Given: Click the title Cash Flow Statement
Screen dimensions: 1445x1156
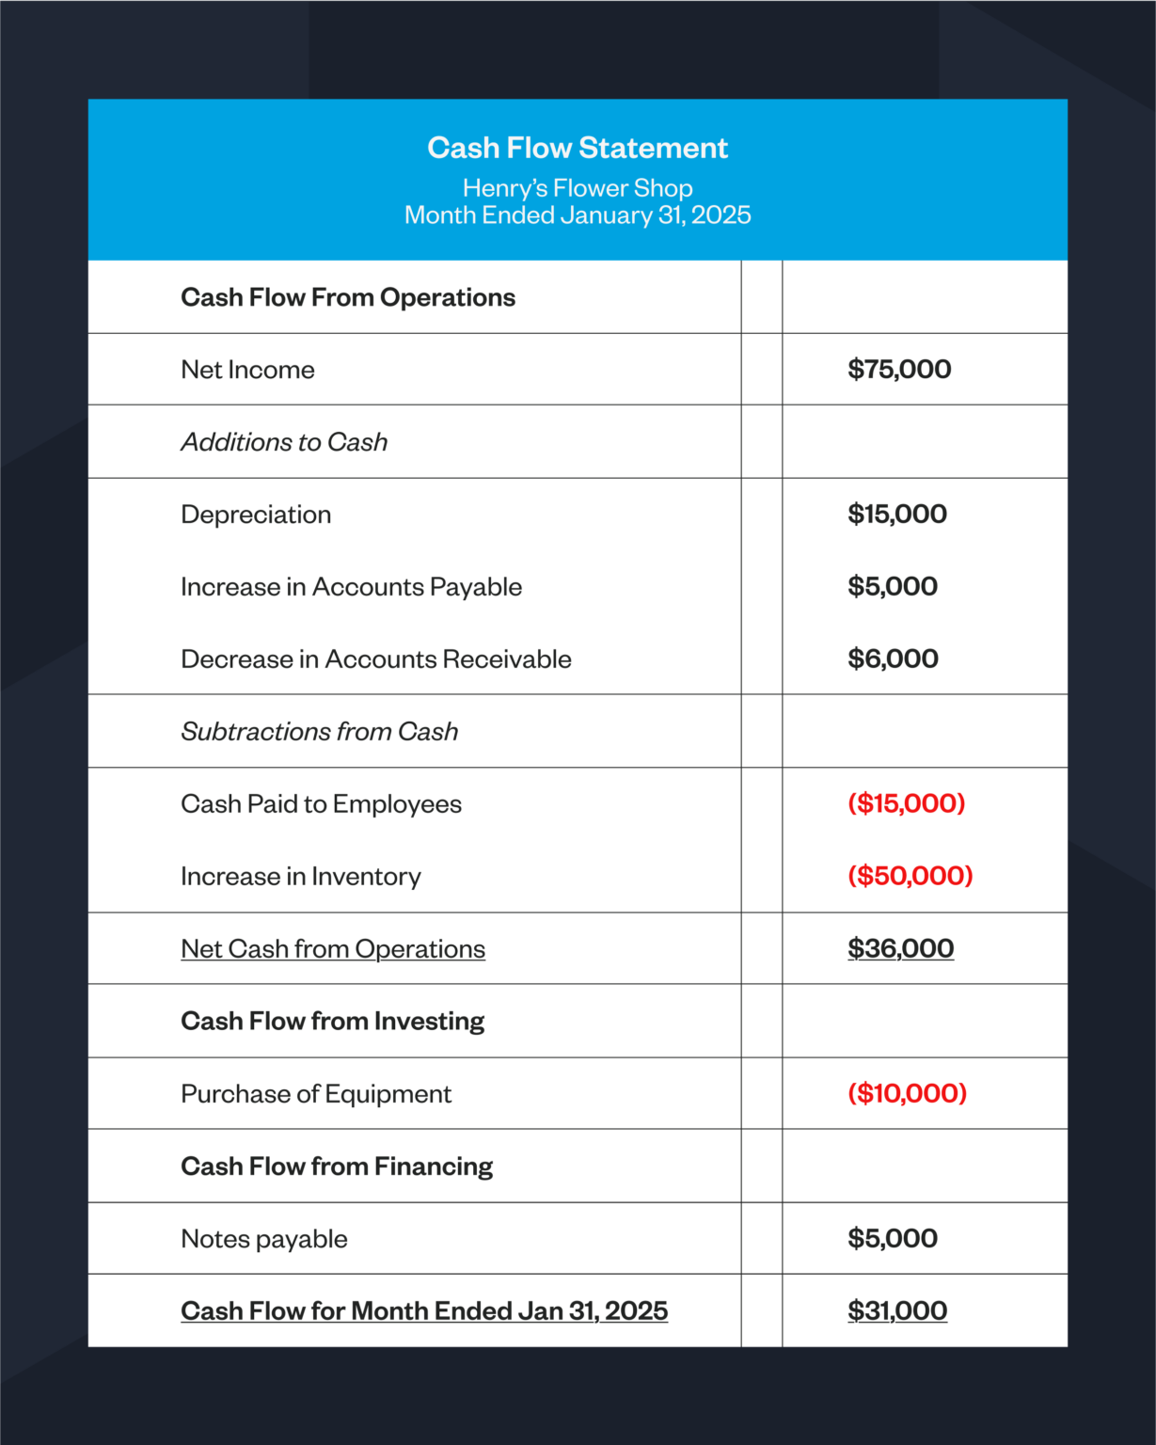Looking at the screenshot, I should point(578,148).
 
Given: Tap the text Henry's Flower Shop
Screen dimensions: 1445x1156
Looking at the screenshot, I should point(578,188).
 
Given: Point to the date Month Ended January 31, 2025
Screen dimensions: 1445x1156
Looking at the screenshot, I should point(578,215).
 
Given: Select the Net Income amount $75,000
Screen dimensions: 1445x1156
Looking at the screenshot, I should point(899,369).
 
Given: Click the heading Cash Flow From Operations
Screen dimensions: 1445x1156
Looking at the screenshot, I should point(348,297).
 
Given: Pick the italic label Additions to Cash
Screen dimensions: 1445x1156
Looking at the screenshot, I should point(284,442).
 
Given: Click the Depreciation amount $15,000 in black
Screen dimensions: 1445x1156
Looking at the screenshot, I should point(897,514).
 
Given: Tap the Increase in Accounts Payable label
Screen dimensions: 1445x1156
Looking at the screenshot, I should point(351,587).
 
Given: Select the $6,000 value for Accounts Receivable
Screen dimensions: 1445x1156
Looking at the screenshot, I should point(893,659).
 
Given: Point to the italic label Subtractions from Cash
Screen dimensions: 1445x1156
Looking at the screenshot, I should point(319,732).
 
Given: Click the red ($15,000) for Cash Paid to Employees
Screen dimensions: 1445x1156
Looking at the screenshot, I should point(906,803).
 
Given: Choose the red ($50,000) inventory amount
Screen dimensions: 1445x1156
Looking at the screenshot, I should point(910,876).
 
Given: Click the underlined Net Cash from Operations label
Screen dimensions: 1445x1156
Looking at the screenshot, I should point(333,949).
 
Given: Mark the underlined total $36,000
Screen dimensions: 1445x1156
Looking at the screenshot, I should point(900,948).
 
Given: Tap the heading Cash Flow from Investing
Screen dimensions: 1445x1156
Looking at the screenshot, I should point(332,1022).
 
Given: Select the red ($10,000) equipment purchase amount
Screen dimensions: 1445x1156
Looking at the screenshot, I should point(907,1093).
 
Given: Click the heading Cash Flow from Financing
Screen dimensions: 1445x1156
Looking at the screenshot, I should point(337,1167).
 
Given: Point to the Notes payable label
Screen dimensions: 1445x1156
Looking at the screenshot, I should point(264,1239).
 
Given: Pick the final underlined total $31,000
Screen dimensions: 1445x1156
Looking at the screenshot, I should point(897,1310).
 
